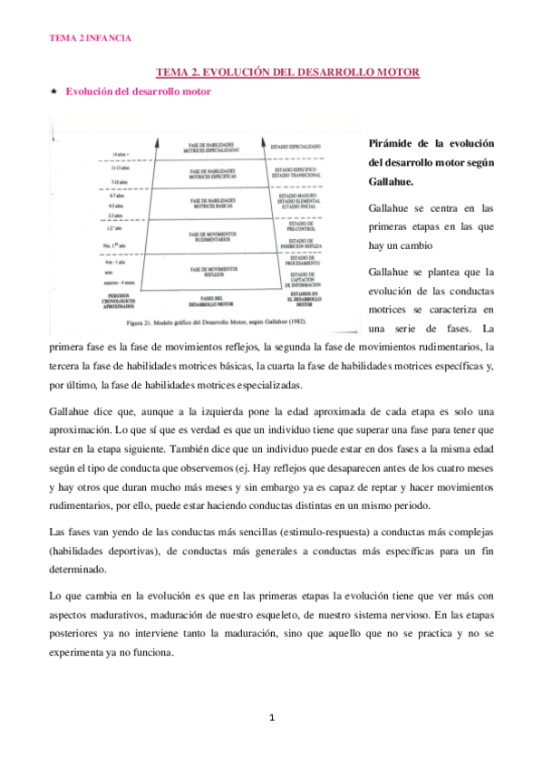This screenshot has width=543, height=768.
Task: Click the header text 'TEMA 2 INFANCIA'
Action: coord(90,38)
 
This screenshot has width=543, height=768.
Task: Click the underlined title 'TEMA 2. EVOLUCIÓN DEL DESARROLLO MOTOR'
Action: coord(287,72)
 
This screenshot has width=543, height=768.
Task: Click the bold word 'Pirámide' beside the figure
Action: coord(393,144)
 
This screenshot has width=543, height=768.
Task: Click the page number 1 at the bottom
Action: coord(272,718)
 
